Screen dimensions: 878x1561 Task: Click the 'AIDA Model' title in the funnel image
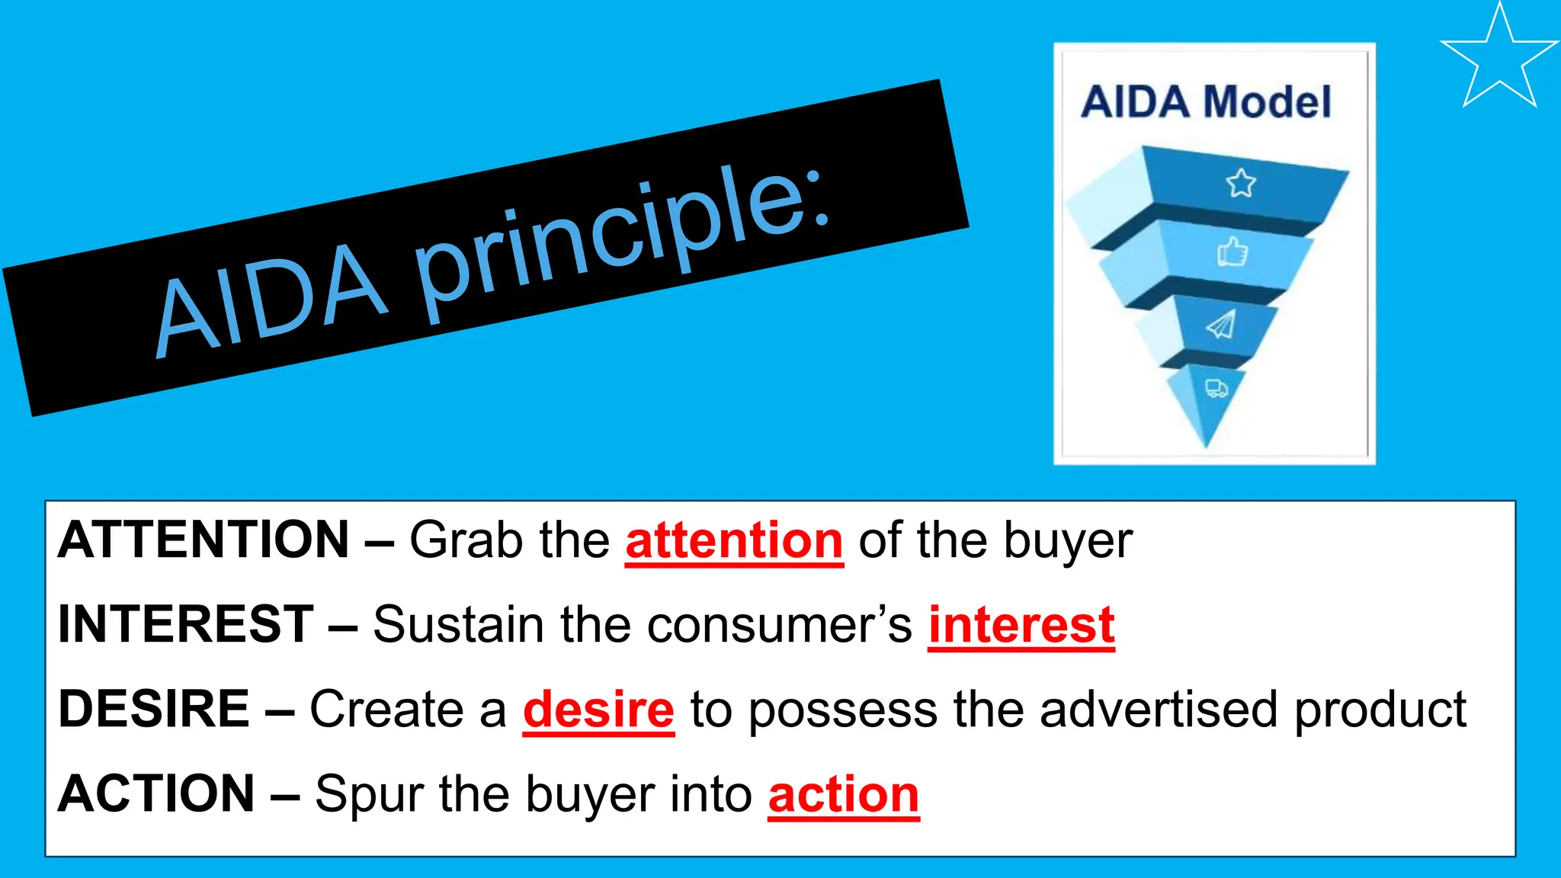1207,102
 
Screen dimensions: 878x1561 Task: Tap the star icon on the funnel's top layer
1241,184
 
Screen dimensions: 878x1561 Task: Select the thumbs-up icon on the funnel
1232,252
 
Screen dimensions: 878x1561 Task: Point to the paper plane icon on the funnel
1221,325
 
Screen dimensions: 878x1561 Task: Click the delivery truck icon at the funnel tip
1216,389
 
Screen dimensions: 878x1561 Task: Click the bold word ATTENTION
204,540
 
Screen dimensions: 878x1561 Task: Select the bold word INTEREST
185,624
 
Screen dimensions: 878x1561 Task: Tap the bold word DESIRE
154,709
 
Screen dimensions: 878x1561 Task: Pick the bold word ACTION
156,793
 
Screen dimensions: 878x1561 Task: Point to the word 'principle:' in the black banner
621,236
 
